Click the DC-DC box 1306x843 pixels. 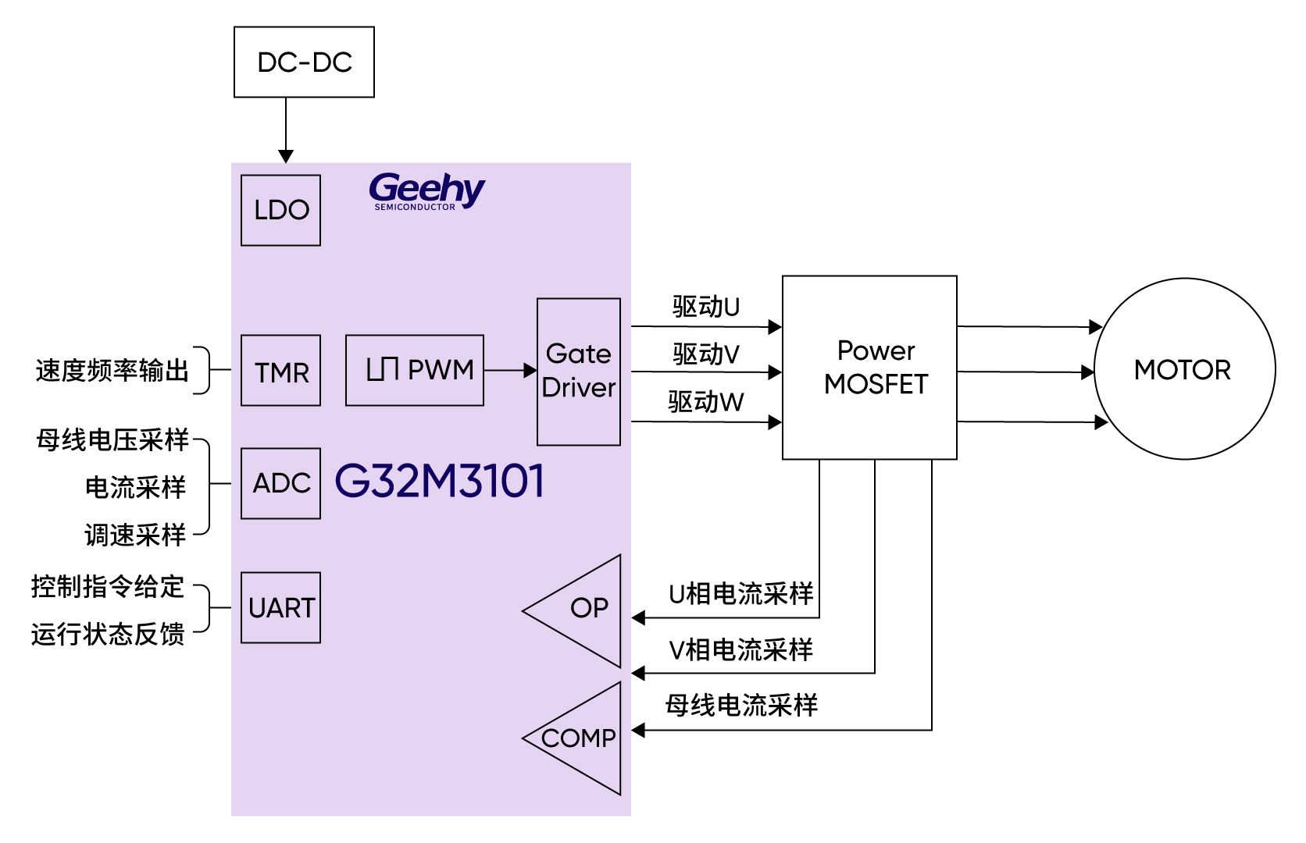(x=304, y=62)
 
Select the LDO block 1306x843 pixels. (x=280, y=210)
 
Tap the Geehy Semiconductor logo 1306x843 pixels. (x=426, y=191)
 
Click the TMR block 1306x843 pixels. (x=280, y=371)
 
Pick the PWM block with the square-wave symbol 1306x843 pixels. (x=415, y=370)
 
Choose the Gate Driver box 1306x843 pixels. (x=579, y=372)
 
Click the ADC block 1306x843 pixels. (x=280, y=483)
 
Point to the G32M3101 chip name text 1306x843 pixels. (x=440, y=481)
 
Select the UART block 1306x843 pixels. (x=280, y=608)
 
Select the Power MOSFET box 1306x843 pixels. (x=869, y=368)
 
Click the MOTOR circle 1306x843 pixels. (x=1184, y=369)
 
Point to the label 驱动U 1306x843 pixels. (x=705, y=307)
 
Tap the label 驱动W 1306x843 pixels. (x=705, y=402)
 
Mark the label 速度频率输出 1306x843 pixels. (x=112, y=371)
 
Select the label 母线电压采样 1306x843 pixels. (x=112, y=440)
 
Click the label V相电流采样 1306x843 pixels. (x=740, y=649)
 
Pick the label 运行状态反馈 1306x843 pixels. (x=108, y=634)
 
